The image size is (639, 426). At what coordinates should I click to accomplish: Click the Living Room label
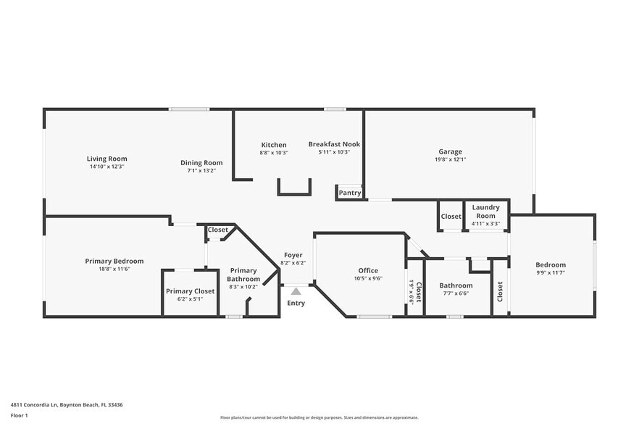(x=106, y=159)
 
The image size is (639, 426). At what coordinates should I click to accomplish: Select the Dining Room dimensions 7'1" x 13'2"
(x=201, y=171)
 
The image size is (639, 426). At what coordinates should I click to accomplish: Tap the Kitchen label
(x=273, y=145)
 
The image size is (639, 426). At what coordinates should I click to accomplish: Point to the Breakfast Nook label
(x=334, y=144)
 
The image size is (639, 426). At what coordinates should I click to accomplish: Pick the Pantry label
(x=350, y=193)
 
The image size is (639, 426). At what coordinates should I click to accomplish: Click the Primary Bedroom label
(x=114, y=261)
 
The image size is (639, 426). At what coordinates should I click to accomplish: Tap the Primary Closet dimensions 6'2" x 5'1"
(x=189, y=298)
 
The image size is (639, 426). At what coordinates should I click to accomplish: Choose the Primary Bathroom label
(x=243, y=275)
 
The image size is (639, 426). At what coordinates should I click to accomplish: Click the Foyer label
(x=293, y=255)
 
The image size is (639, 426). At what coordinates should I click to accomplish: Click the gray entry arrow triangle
(x=296, y=291)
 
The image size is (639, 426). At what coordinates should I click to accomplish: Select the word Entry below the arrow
(x=296, y=303)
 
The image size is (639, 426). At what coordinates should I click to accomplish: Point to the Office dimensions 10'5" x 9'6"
(x=369, y=278)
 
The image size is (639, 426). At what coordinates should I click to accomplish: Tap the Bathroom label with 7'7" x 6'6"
(x=456, y=285)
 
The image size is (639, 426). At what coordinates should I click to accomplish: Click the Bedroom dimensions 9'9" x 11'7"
(x=551, y=272)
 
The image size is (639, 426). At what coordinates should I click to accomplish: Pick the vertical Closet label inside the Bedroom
(x=500, y=291)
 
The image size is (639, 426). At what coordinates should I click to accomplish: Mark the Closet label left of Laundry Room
(x=451, y=217)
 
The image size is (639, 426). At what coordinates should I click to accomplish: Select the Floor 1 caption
(x=19, y=415)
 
